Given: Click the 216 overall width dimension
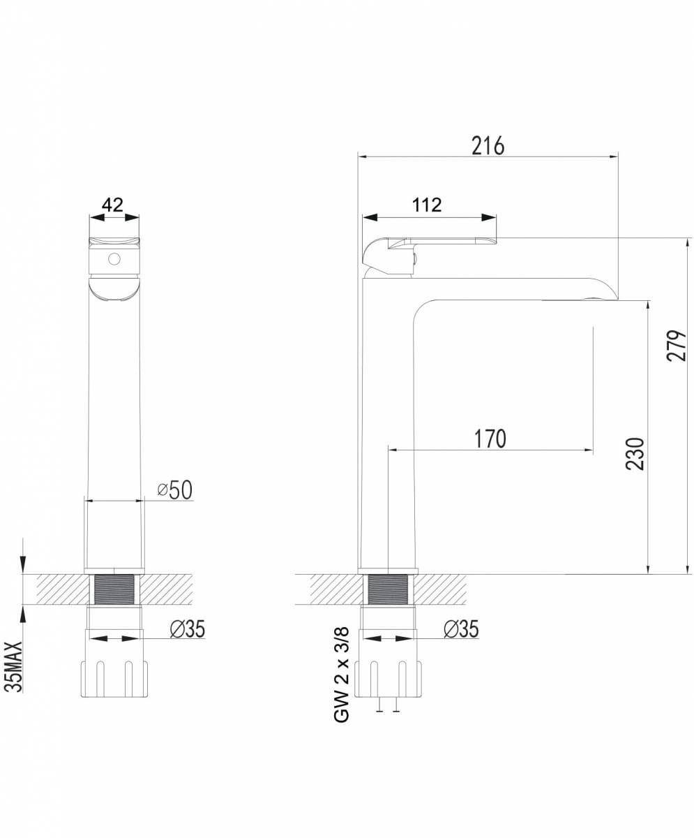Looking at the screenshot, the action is tap(488, 146).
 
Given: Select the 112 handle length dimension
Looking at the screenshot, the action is tap(427, 205).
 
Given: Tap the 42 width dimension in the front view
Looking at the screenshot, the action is tap(112, 205).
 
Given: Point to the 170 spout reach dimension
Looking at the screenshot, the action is tap(490, 439).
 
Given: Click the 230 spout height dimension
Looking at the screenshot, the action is tap(635, 453).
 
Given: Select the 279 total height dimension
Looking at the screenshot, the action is tap(677, 346).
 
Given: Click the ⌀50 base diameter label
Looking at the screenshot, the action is tap(175, 490).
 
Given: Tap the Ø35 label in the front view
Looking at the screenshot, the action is tap(187, 628).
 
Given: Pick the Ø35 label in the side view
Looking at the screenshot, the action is tap(461, 628).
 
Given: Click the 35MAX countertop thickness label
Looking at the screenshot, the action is tap(15, 667).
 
